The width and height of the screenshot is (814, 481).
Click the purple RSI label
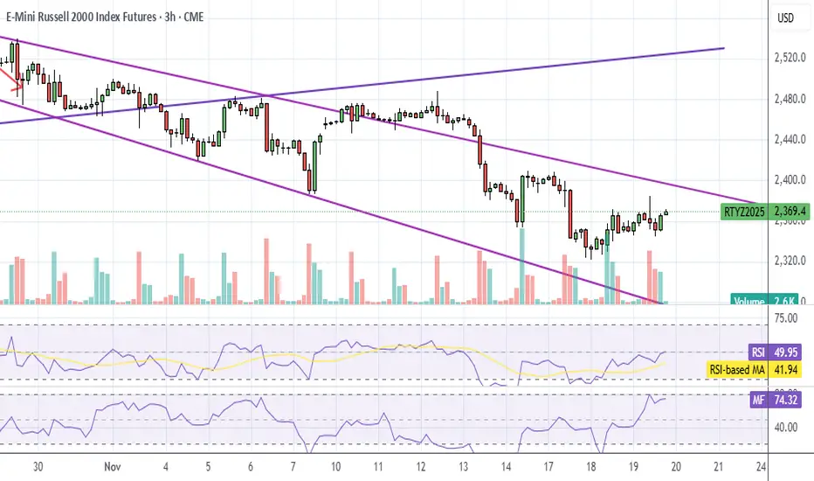pos(758,352)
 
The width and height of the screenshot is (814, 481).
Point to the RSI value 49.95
pos(792,352)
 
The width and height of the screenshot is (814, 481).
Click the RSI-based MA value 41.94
pos(792,370)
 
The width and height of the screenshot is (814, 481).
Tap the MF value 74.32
pos(792,402)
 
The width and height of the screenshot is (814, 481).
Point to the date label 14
pos(507,467)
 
